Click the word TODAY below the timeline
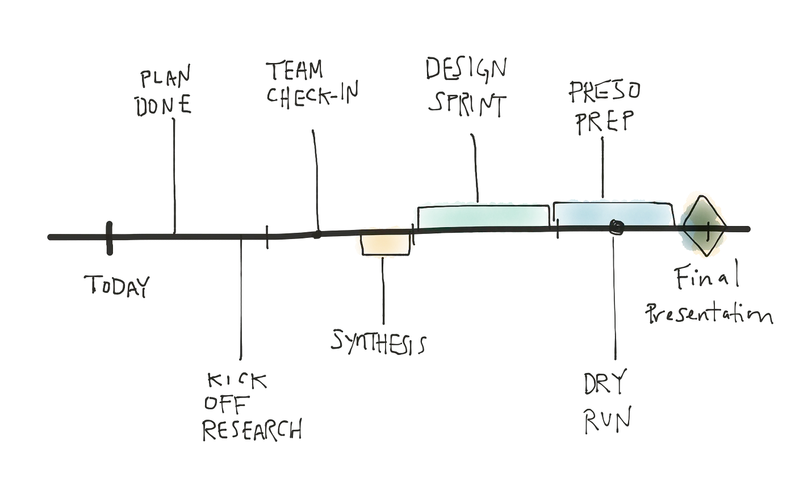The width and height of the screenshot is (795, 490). click(116, 286)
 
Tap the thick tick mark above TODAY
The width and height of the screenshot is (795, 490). click(109, 238)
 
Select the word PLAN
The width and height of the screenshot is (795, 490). click(165, 78)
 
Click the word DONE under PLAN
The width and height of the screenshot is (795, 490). click(164, 105)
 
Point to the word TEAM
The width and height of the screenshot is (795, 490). click(295, 70)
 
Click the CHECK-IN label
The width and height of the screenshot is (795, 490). click(312, 95)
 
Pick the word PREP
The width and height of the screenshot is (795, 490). click(603, 121)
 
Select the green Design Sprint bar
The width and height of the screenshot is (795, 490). click(483, 216)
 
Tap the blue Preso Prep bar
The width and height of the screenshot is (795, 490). click(610, 213)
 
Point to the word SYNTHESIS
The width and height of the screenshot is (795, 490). click(379, 342)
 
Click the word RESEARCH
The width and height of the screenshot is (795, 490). click(252, 430)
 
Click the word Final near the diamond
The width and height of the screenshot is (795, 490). click(707, 277)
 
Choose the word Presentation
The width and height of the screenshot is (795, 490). click(710, 313)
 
